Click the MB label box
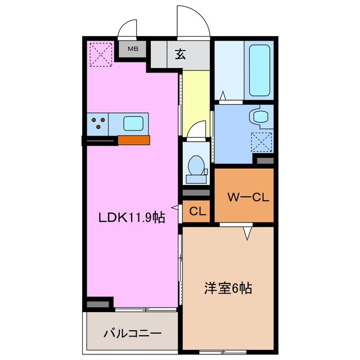click(132, 49)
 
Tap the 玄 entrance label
click(181, 55)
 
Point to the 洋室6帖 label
click(227, 289)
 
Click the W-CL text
click(244, 197)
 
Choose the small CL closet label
click(196, 212)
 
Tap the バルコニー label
click(132, 333)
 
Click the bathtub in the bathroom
click(259, 71)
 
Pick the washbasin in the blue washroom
click(260, 117)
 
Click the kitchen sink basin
click(133, 123)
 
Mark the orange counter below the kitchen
click(134, 140)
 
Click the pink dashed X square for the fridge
click(100, 54)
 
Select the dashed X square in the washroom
click(262, 141)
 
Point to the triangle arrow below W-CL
click(246, 232)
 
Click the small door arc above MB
click(128, 30)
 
